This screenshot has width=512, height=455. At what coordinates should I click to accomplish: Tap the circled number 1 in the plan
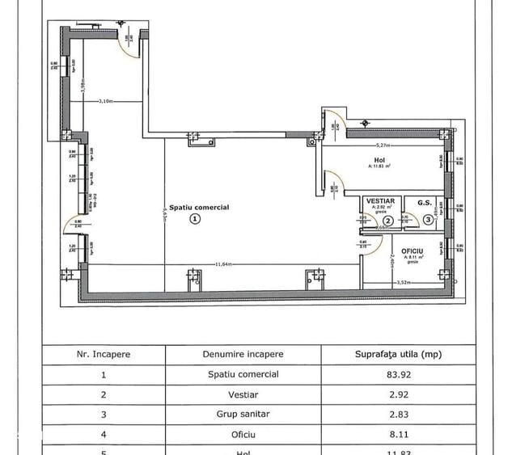pos(194,217)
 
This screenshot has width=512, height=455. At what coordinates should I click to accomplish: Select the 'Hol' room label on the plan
pos(379,160)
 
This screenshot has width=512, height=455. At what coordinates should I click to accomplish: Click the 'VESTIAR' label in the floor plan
pos(379,200)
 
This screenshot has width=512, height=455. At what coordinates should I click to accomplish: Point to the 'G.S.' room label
pos(424,202)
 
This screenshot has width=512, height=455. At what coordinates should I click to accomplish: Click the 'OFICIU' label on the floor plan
pos(413,251)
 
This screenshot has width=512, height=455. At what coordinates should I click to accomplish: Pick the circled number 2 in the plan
pos(387,220)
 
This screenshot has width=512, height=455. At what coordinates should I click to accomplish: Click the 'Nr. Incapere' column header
pos(103,354)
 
